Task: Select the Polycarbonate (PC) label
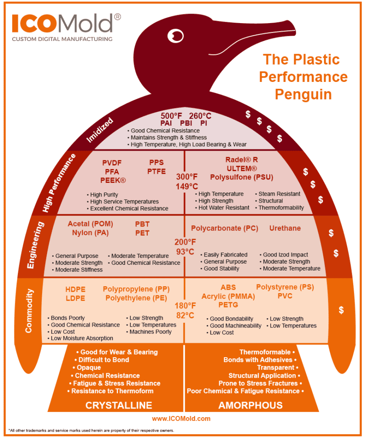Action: coord(224,228)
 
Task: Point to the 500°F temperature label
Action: coord(171,116)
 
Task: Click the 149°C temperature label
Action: coord(187,186)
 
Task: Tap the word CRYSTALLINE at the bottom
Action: coord(118,405)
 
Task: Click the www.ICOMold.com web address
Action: coord(181,419)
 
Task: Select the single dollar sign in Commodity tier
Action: coord(341,310)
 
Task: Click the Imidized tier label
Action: coord(100,130)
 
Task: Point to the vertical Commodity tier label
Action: coord(29,311)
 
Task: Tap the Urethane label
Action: coord(285,228)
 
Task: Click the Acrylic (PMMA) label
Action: coord(228,296)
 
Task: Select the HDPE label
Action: coord(75,289)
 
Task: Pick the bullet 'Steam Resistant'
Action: coord(279,194)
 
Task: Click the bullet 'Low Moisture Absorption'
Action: coord(82,338)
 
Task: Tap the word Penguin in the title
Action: coord(303,94)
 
